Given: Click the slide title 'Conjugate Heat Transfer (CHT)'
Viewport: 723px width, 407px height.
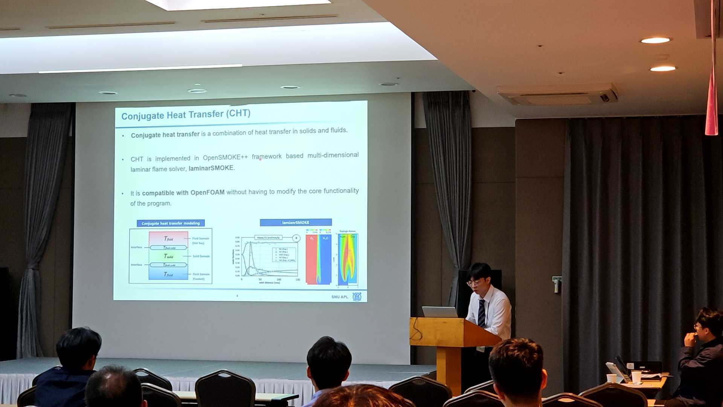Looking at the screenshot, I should (186, 115).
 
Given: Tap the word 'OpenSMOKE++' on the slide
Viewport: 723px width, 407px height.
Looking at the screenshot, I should (225, 158).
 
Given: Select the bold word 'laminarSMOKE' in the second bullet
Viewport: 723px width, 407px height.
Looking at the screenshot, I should (211, 168).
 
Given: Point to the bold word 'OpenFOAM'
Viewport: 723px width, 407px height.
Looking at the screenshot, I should (207, 193).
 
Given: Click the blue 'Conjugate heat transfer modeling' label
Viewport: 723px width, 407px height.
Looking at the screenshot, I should (171, 223).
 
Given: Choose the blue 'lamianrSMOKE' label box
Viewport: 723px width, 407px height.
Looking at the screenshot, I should (296, 222).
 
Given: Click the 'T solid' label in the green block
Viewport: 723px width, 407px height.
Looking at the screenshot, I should (168, 256).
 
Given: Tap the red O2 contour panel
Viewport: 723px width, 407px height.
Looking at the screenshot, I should (311, 260).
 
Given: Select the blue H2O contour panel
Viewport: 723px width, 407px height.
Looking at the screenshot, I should (325, 260).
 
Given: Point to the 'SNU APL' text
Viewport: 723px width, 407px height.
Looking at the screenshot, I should (340, 297).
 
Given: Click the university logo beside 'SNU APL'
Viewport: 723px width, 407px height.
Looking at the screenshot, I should (357, 297).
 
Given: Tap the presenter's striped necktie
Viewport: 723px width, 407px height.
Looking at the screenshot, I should (482, 313).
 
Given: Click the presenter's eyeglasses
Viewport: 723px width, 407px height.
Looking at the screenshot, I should (474, 283).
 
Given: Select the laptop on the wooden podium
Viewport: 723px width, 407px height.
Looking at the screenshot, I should (439, 312).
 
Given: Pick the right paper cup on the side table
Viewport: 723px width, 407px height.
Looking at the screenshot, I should (636, 377).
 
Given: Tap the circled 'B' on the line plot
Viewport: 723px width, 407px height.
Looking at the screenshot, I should (296, 238).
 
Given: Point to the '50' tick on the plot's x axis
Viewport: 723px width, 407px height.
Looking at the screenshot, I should (260, 280).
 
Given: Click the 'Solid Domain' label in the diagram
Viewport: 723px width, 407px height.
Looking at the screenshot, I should (201, 256).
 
